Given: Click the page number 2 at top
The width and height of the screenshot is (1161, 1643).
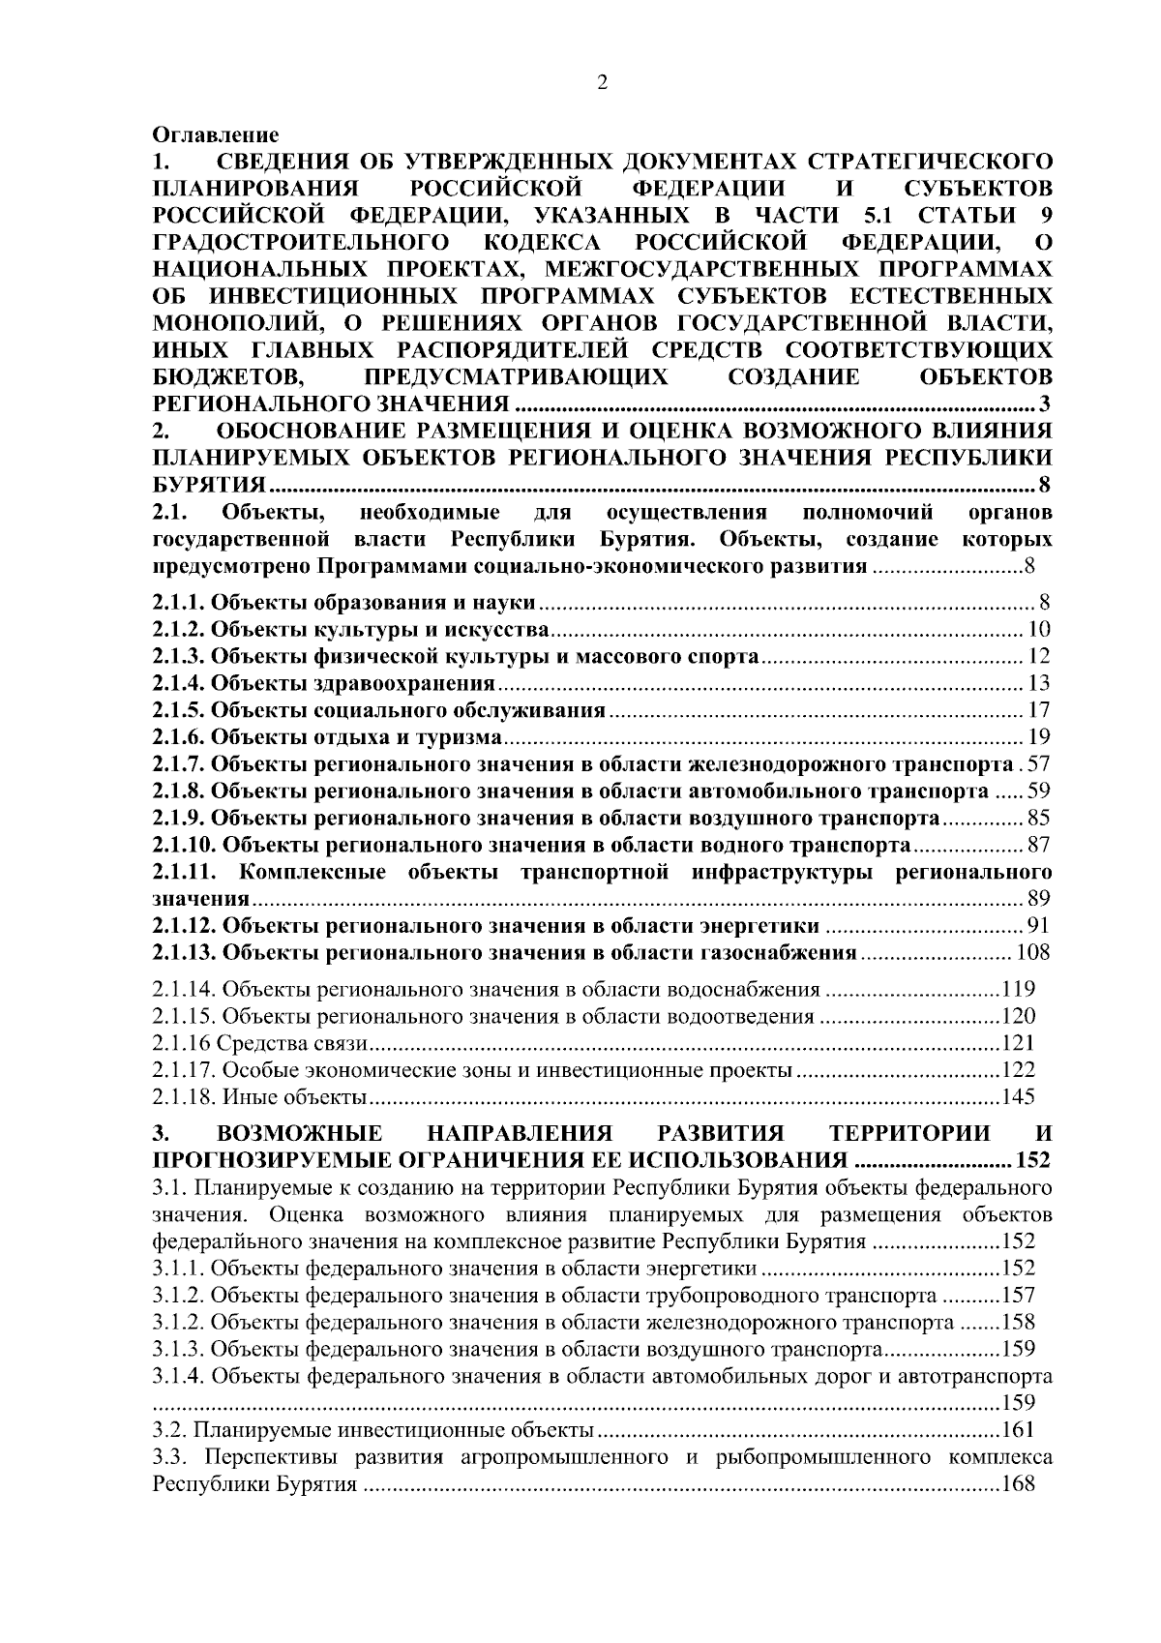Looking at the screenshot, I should click(x=602, y=84).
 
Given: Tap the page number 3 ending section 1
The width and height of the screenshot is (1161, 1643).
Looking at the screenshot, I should click(x=1043, y=403).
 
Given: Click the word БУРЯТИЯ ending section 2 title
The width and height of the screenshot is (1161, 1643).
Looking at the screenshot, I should click(x=209, y=484).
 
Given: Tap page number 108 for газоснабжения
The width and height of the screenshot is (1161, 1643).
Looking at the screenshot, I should click(x=1032, y=953).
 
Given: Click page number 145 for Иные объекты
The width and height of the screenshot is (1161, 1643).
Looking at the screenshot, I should click(x=1018, y=1097).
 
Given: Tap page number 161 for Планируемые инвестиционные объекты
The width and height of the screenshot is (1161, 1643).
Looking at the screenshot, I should click(x=1018, y=1430).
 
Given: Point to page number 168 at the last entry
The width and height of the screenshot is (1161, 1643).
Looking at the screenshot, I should click(x=1018, y=1484).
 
